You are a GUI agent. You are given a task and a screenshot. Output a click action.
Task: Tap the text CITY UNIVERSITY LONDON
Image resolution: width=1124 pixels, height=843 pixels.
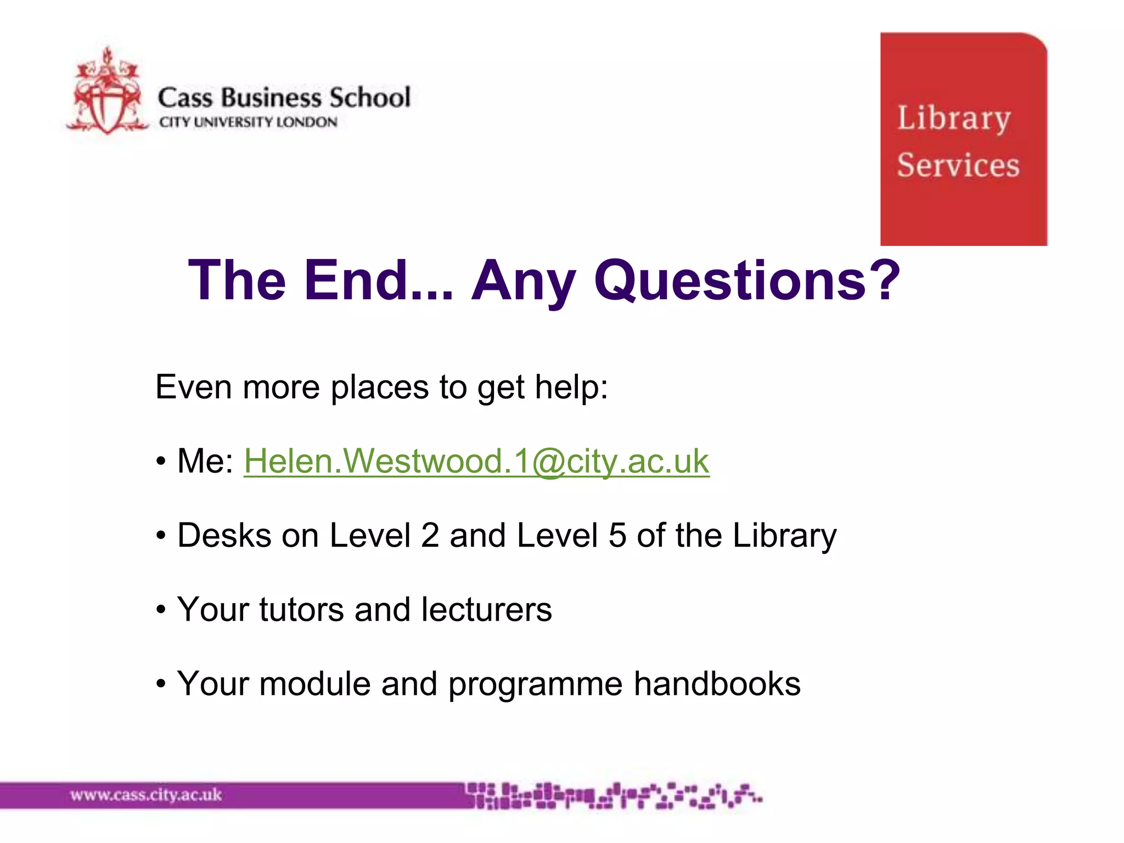pyautogui.click(x=248, y=122)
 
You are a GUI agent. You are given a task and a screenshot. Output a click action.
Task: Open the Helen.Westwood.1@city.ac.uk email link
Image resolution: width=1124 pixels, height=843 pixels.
pyautogui.click(x=476, y=461)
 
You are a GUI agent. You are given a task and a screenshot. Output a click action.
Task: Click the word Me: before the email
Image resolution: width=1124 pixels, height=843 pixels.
pyautogui.click(x=205, y=461)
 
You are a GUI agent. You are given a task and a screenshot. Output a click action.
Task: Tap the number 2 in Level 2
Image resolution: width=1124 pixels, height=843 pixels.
pyautogui.click(x=430, y=535)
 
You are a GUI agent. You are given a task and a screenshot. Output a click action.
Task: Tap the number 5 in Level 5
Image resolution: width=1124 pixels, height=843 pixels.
pyautogui.click(x=617, y=535)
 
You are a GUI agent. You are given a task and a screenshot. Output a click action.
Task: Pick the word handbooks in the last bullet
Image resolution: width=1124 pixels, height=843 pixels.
pyautogui.click(x=717, y=684)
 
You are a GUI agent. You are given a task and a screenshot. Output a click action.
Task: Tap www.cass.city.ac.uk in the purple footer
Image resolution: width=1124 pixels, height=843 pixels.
pyautogui.click(x=146, y=795)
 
